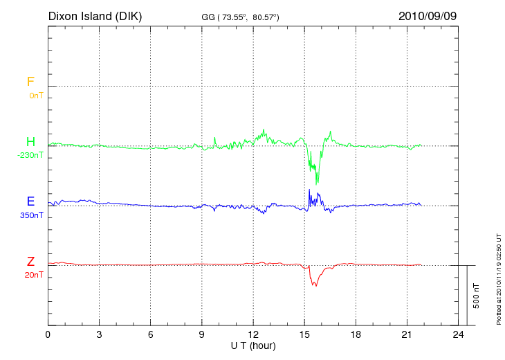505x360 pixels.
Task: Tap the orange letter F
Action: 30,82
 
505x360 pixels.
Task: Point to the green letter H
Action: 30,142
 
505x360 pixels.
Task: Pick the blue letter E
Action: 30,201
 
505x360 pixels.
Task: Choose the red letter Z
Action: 30,261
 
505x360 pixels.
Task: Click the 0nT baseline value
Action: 36,96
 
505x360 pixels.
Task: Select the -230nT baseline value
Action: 30,156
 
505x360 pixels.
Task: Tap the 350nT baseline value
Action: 32,215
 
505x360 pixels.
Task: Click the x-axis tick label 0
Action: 48,334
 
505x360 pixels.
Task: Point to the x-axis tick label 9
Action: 202,334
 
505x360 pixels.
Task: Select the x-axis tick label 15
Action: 304,334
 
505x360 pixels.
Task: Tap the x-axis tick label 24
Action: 458,334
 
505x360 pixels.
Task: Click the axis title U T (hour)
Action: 253,345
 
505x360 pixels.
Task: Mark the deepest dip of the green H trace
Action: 318,183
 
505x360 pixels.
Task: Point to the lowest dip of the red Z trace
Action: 314,286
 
